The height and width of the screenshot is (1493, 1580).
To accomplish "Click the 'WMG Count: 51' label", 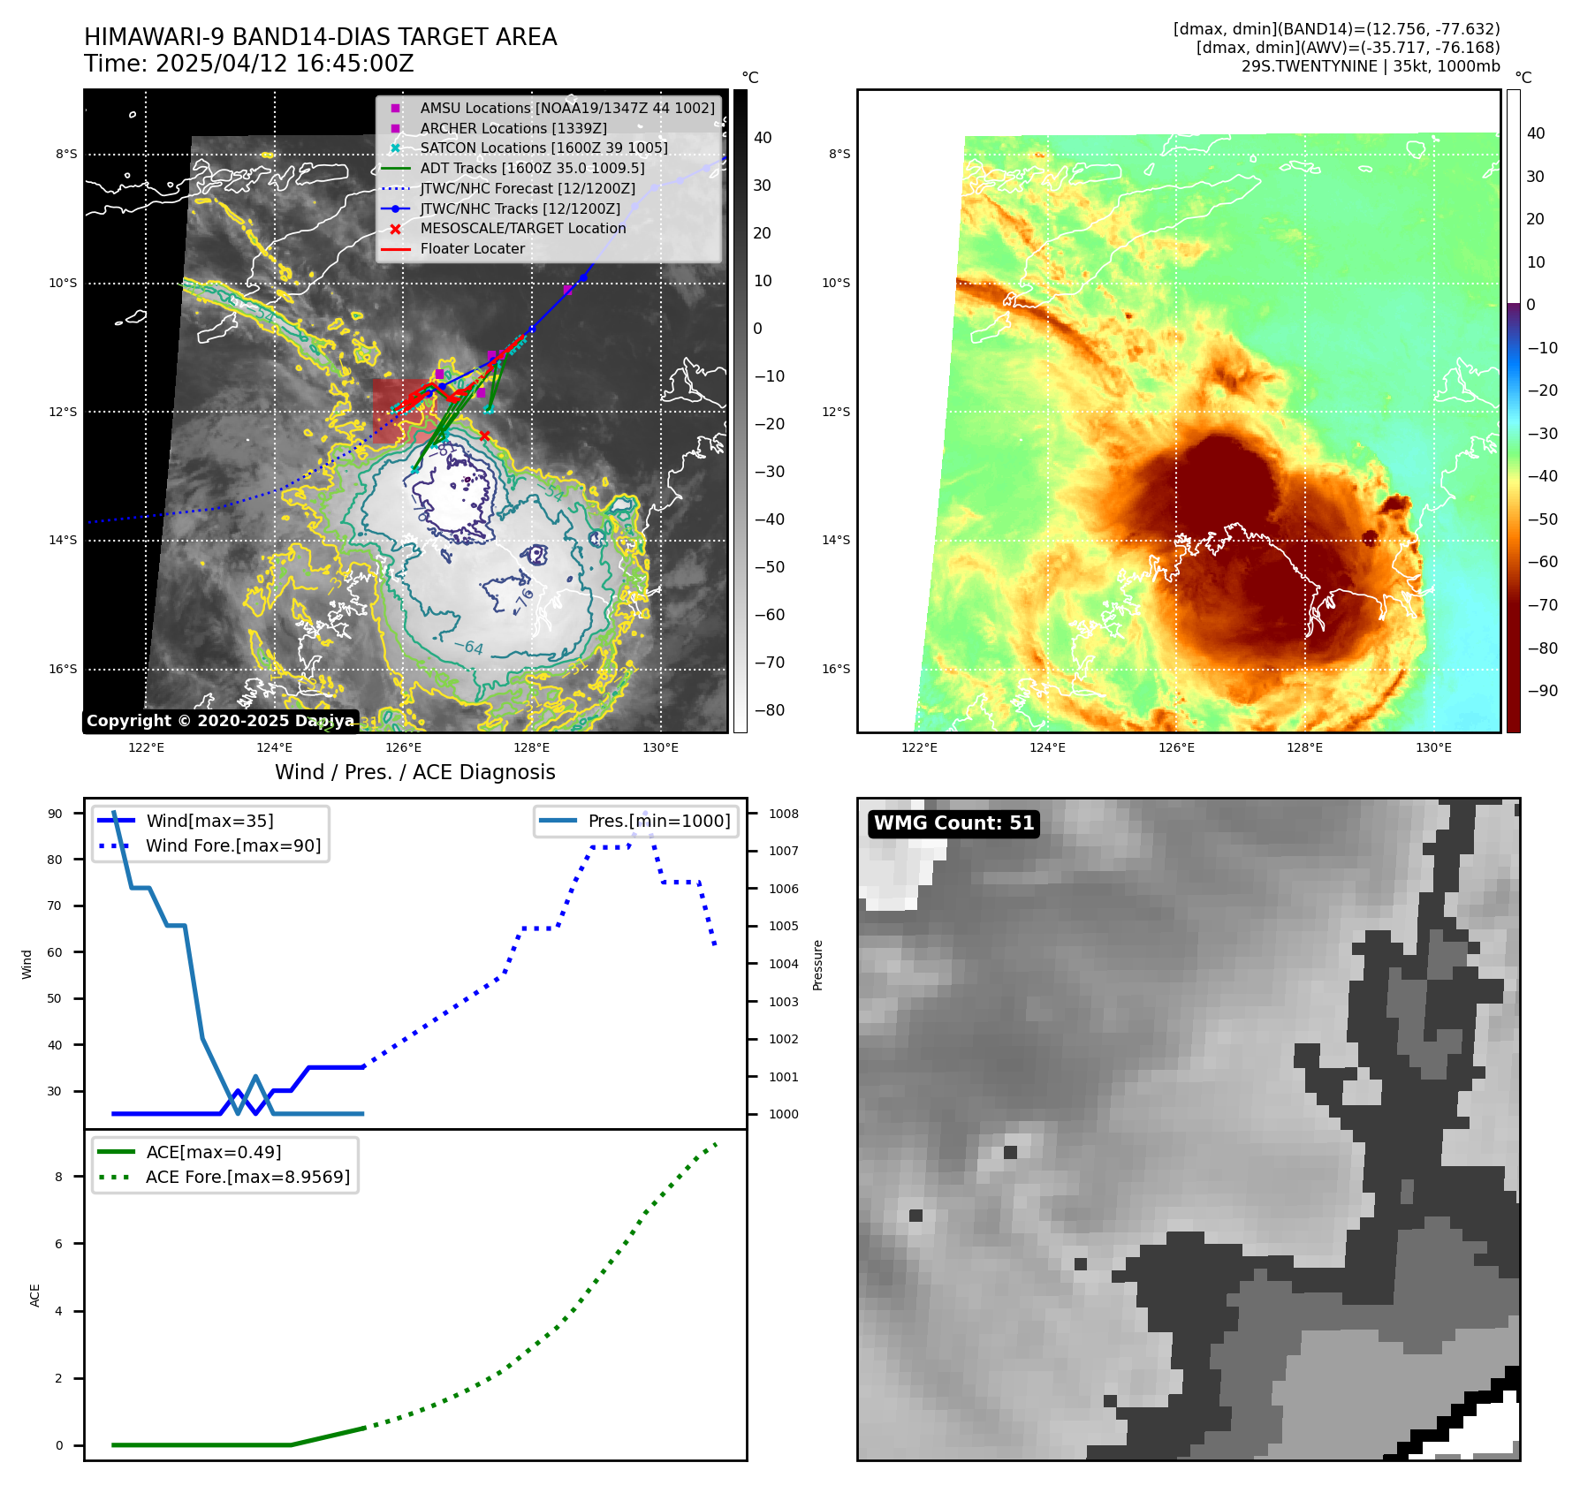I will [953, 823].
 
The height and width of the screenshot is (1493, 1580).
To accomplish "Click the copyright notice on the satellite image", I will [220, 721].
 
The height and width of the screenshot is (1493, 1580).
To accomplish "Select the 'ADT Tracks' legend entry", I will [532, 168].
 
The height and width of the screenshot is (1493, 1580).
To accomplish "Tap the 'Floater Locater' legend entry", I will [472, 248].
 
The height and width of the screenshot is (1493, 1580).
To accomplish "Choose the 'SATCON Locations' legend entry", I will [543, 148].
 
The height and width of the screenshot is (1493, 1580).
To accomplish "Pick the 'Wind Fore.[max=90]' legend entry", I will [233, 845].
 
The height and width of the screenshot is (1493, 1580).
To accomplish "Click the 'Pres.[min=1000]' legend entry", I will [659, 821].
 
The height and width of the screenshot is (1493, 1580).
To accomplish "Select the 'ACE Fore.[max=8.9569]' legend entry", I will [247, 1177].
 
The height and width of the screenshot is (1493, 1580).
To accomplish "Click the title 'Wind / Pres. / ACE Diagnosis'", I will [415, 772].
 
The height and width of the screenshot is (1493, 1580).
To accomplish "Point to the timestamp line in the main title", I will [249, 64].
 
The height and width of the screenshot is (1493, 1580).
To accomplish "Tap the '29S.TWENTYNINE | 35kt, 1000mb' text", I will [1371, 66].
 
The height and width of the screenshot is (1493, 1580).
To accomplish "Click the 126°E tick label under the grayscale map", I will [404, 747].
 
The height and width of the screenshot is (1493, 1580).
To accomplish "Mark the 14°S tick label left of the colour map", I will [836, 540].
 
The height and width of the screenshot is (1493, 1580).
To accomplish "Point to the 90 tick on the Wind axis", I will [55, 814].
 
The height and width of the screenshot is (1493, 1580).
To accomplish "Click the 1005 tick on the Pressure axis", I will [783, 926].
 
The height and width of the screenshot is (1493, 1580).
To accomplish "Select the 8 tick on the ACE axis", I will [59, 1177].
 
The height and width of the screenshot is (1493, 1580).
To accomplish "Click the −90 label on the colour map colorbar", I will [1543, 691].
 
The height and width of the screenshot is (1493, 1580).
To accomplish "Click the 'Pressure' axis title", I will [817, 965].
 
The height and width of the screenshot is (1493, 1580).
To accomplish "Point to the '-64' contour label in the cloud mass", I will [469, 648].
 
